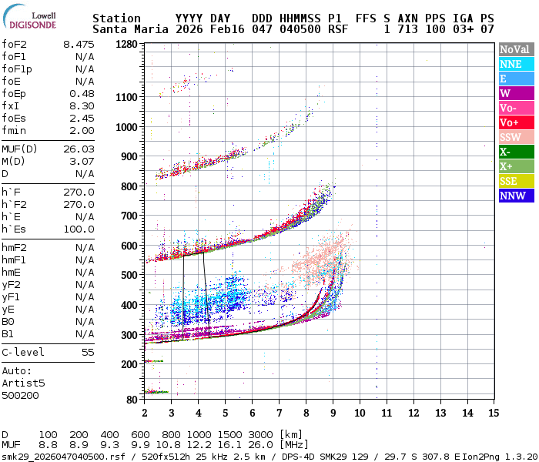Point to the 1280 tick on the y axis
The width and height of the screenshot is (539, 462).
pyautogui.click(x=126, y=45)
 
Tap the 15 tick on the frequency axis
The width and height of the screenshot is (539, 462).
pyautogui.click(x=493, y=413)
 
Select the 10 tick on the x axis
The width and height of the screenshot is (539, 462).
pyautogui.click(x=359, y=413)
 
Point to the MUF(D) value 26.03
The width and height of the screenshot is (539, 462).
pyautogui.click(x=79, y=149)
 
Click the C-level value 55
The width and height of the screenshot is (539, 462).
pyautogui.click(x=88, y=352)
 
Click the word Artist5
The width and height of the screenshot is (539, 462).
pyautogui.click(x=23, y=383)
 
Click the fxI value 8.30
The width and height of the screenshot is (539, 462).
pyautogui.click(x=82, y=105)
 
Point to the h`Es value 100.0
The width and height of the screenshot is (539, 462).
pyautogui.click(x=79, y=229)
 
